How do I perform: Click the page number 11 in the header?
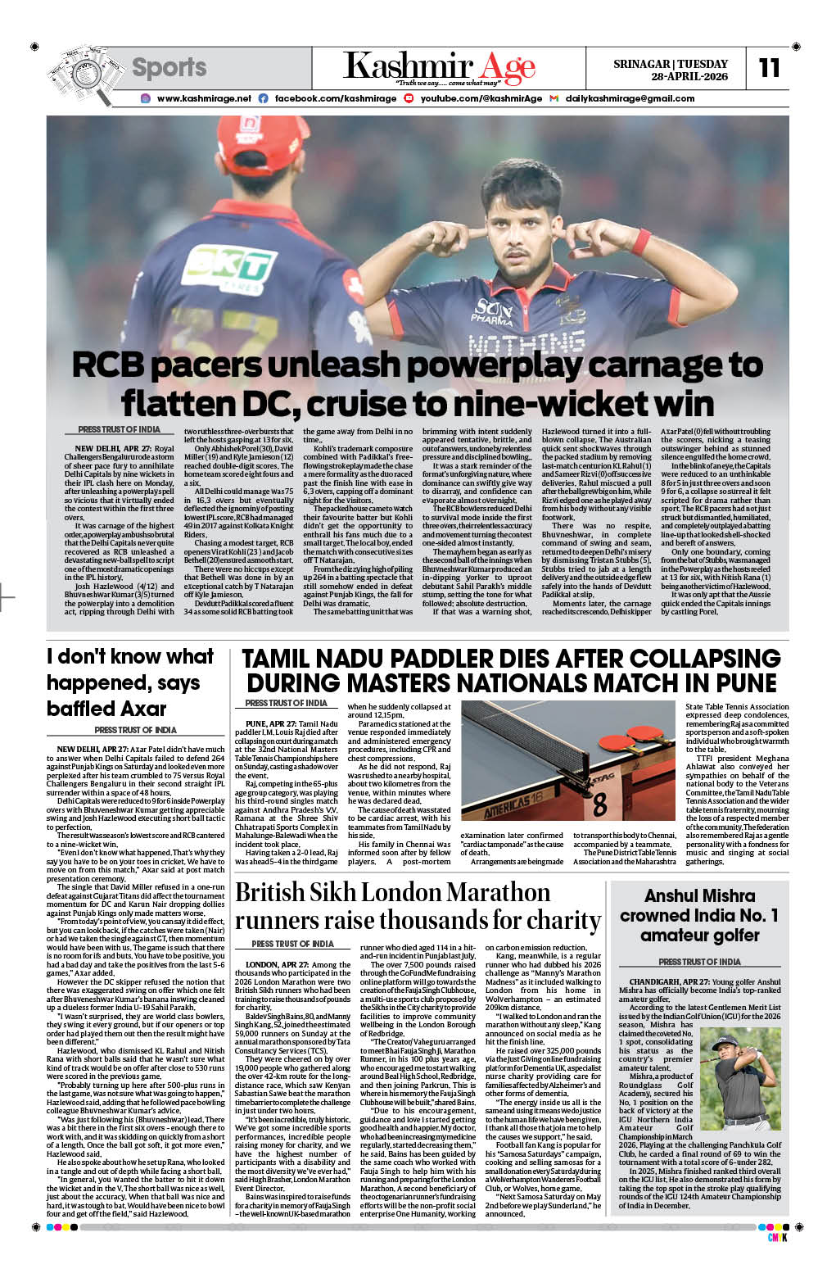[769, 68]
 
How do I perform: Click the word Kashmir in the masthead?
[408, 66]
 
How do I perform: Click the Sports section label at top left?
[169, 67]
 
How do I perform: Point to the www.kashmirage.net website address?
[204, 98]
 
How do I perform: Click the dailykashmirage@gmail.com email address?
[630, 98]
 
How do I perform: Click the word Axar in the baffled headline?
[140, 709]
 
